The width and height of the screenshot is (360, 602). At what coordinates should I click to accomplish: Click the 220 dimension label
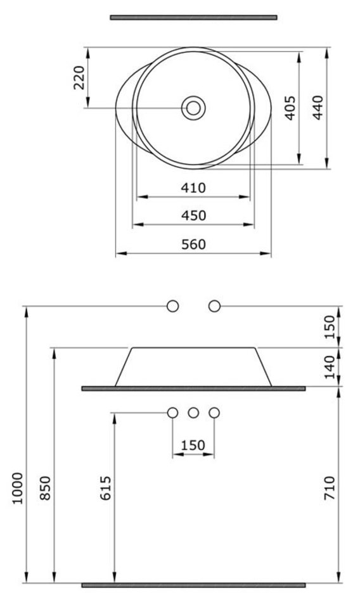(79, 77)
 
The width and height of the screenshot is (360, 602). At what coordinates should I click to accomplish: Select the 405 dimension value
(291, 108)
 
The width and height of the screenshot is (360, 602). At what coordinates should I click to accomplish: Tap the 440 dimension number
(318, 108)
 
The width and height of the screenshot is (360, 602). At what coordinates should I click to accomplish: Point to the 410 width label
(193, 188)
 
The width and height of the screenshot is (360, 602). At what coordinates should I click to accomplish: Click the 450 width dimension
(193, 215)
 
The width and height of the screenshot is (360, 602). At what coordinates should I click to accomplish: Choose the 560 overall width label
(193, 245)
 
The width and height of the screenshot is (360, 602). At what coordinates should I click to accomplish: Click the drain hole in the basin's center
(193, 108)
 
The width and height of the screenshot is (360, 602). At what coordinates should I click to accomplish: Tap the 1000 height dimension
(18, 489)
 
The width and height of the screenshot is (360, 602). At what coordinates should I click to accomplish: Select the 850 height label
(46, 489)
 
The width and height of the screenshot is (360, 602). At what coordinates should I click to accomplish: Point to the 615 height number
(105, 489)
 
